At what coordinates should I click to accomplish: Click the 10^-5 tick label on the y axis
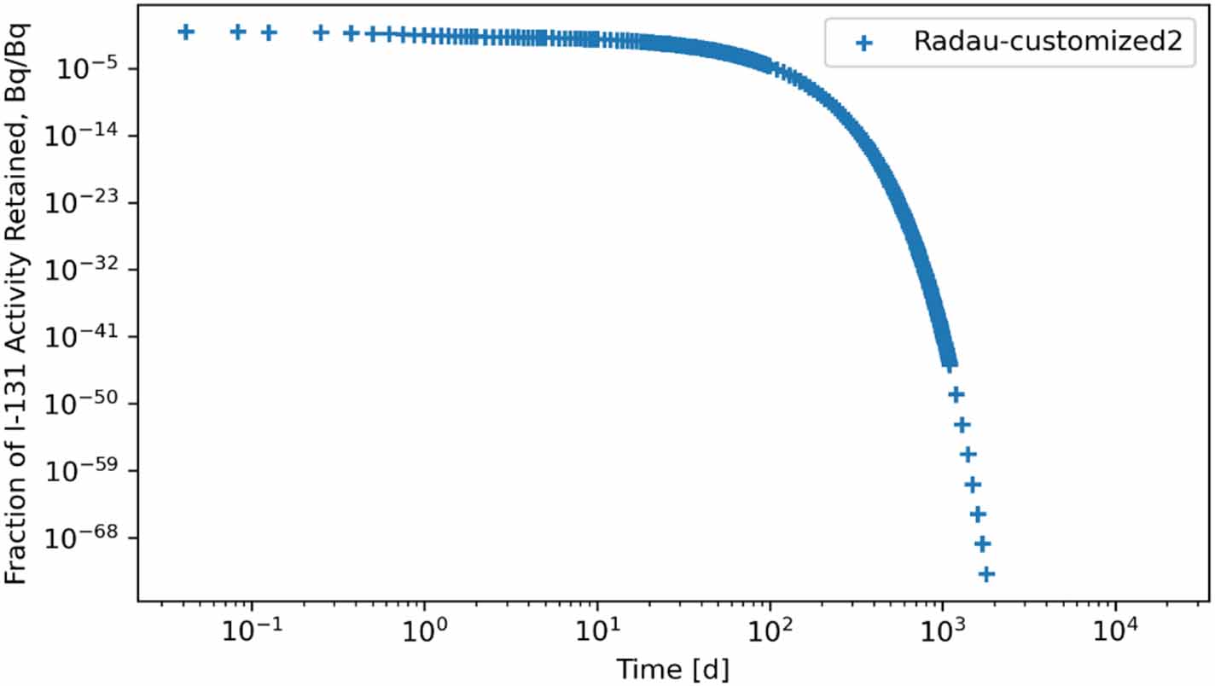click(87, 69)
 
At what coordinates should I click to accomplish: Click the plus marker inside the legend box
click(863, 44)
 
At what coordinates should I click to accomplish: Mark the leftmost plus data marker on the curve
click(185, 32)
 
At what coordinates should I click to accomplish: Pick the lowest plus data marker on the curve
click(986, 574)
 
